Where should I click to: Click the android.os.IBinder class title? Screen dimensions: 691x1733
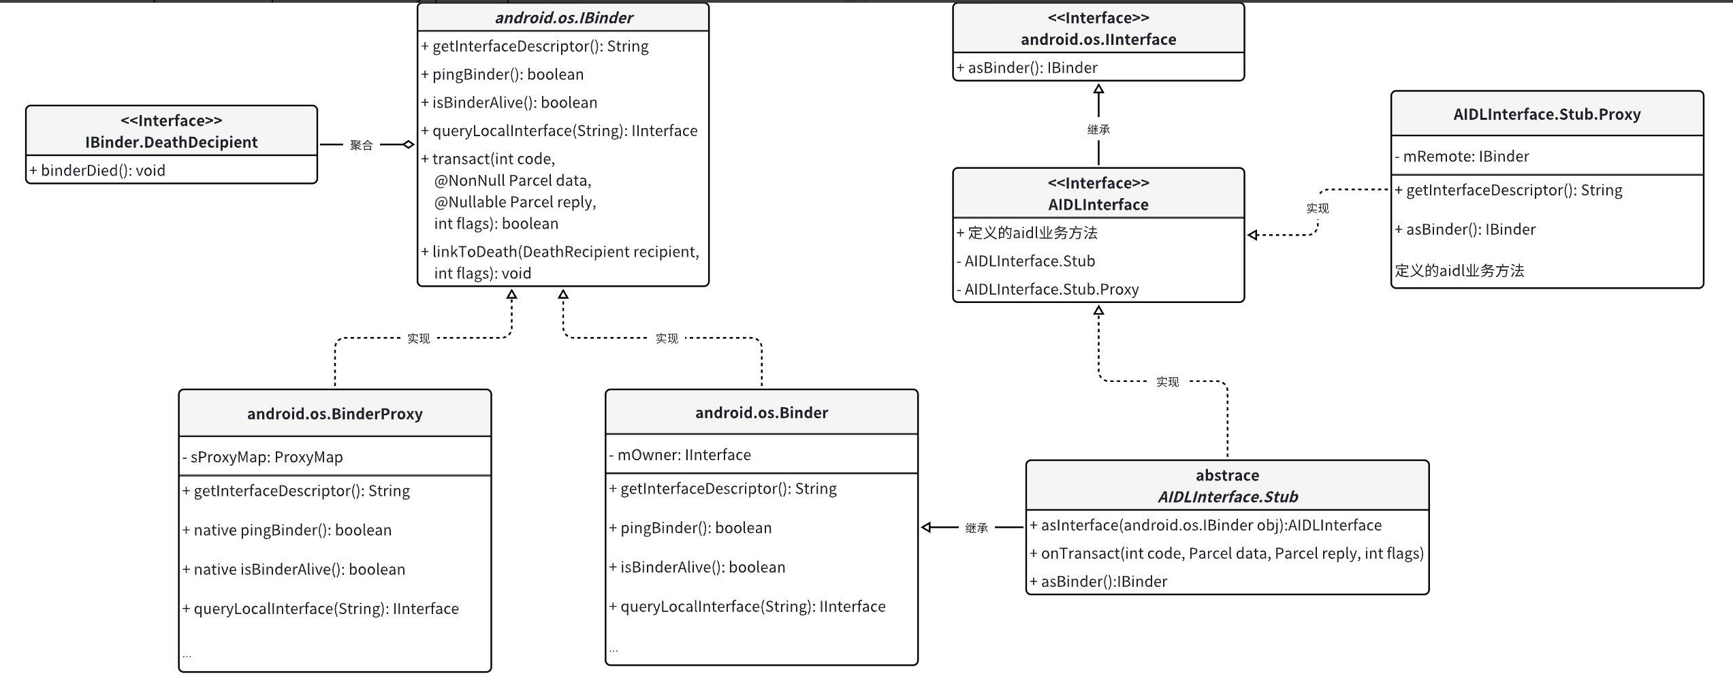click(x=564, y=18)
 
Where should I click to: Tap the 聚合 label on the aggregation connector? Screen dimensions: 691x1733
click(x=361, y=145)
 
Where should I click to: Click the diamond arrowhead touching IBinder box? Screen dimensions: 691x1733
click(x=408, y=144)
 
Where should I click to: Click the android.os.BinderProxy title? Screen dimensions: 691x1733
click(x=334, y=414)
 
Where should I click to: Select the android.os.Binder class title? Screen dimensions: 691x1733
click(x=761, y=413)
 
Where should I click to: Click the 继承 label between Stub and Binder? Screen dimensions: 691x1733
click(x=976, y=528)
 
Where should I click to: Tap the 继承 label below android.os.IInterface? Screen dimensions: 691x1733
click(x=1098, y=129)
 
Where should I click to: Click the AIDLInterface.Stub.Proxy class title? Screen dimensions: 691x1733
click(x=1546, y=114)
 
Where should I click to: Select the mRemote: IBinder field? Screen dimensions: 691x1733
click(x=1465, y=157)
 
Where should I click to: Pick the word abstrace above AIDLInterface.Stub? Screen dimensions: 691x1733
click(x=1227, y=475)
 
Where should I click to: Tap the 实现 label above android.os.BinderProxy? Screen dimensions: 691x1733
click(x=418, y=338)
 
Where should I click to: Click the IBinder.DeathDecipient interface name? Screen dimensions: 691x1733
click(x=171, y=142)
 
